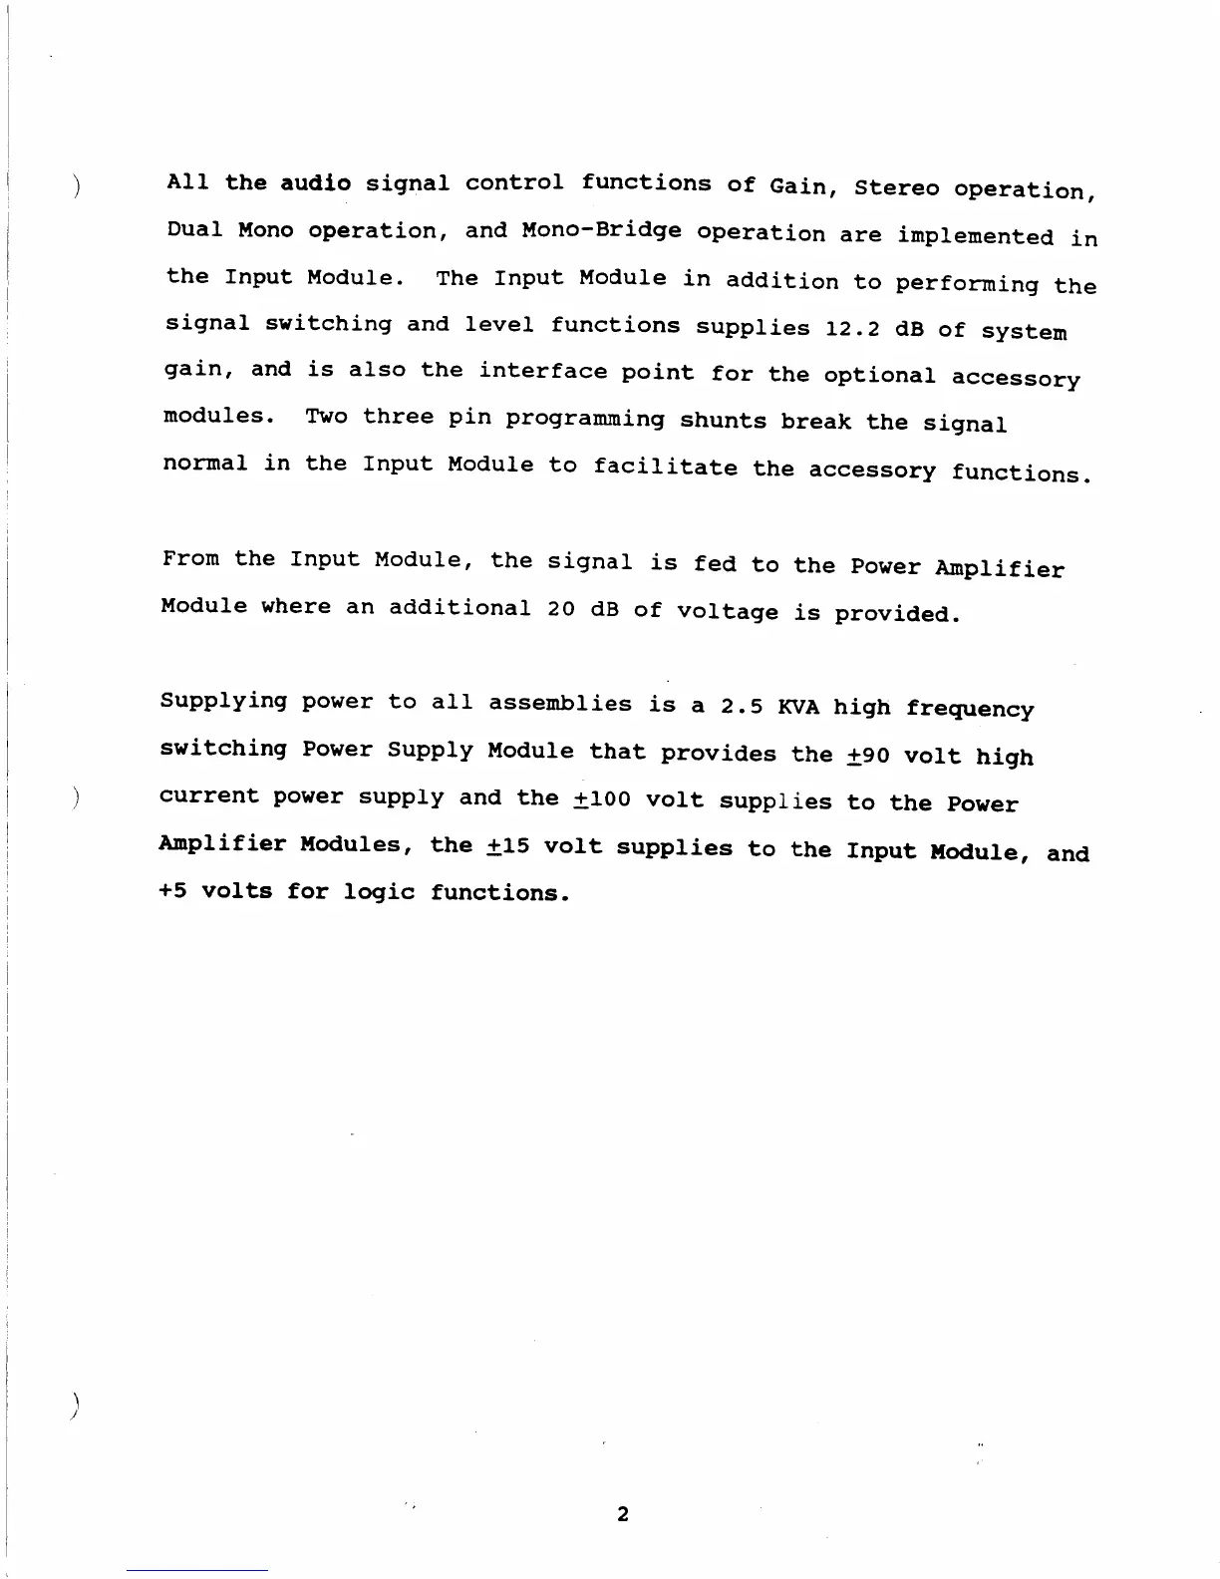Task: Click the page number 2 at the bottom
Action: pos(623,1514)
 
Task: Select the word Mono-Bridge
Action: pos(601,231)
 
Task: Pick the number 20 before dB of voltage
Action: pos(560,608)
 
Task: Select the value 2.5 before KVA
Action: pos(742,706)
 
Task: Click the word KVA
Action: pos(798,707)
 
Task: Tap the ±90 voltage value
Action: pos(867,755)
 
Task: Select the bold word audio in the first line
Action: pos(315,182)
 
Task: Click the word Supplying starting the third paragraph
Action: pos(223,702)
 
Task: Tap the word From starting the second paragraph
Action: pos(190,558)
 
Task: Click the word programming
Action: pos(584,419)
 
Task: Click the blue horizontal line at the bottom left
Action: pos(196,1570)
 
